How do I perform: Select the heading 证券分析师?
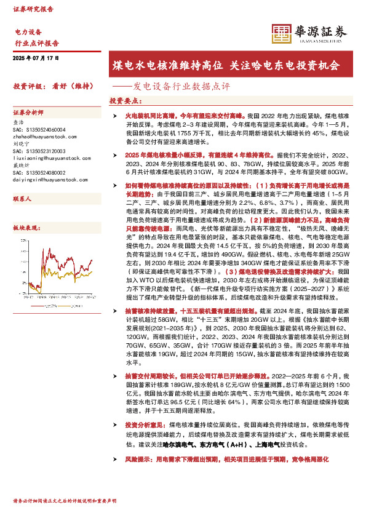pos(28,113)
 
